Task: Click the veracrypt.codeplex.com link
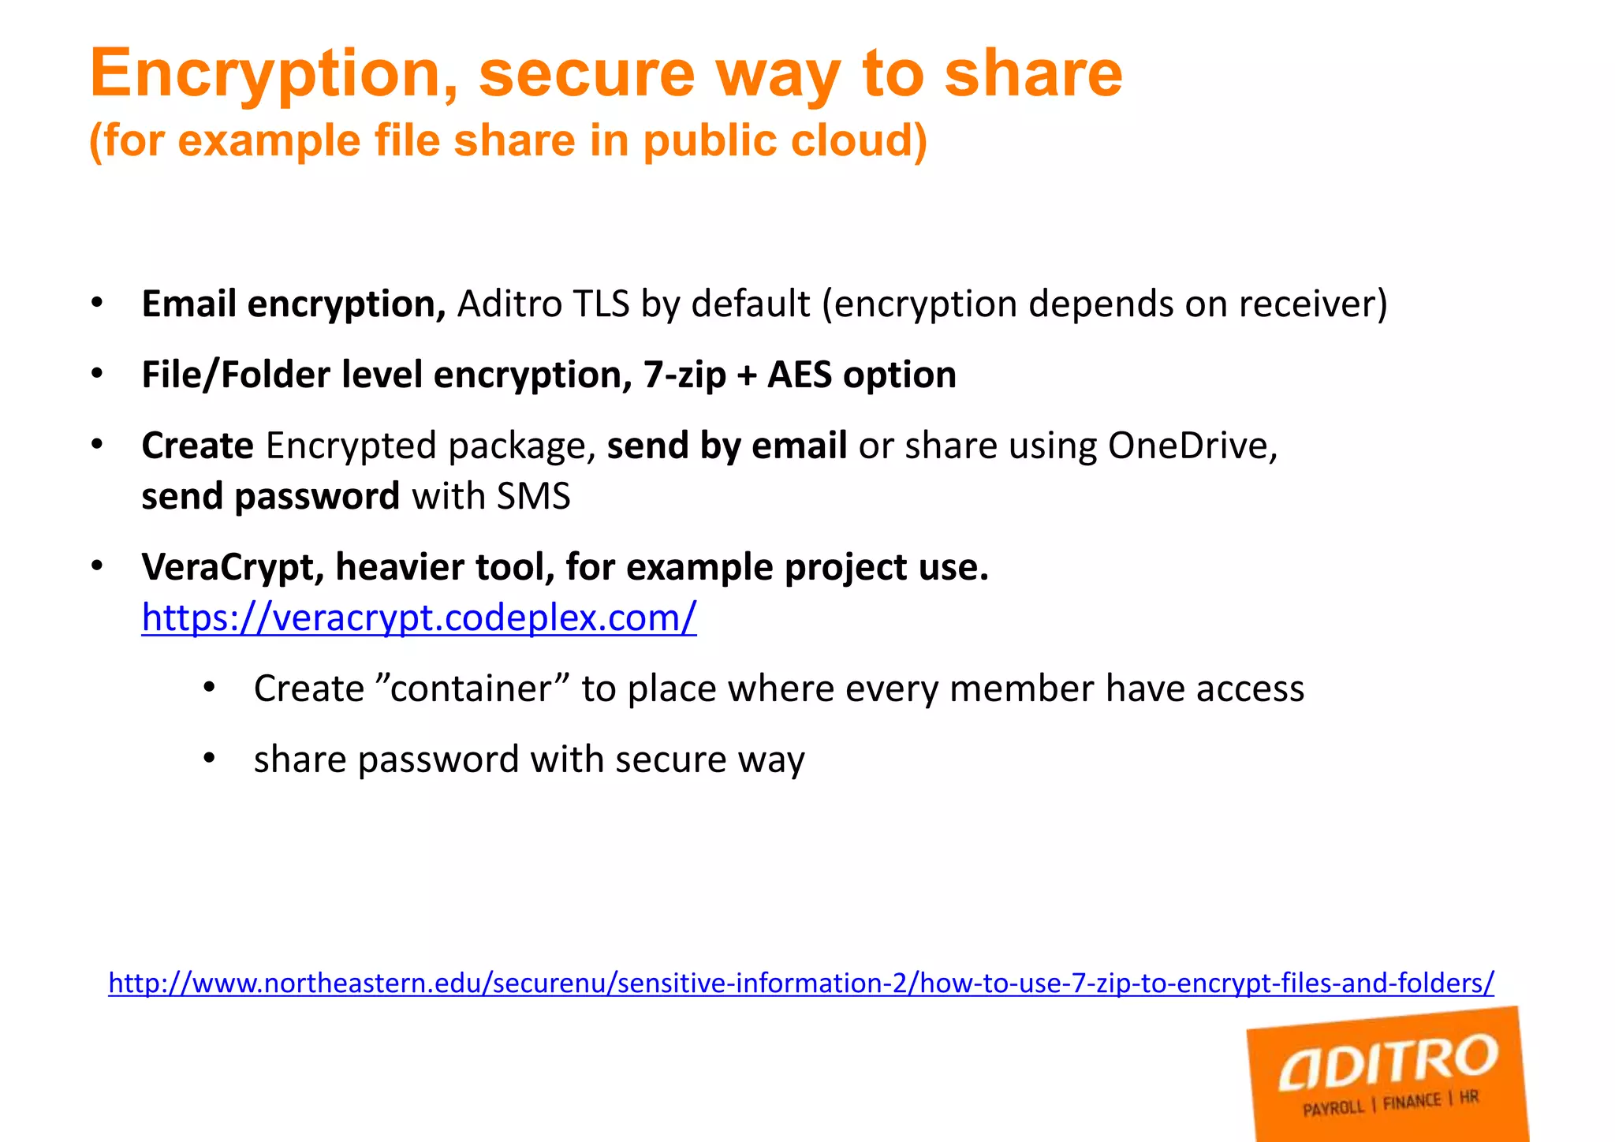tap(419, 618)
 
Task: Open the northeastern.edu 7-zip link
tap(800, 983)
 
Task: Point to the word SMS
tap(533, 497)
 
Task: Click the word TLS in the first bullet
tap(602, 304)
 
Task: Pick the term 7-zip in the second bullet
tap(684, 375)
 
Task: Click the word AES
tap(800, 375)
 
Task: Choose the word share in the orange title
tap(1032, 73)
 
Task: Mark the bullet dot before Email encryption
tap(97, 304)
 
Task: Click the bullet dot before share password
tap(209, 759)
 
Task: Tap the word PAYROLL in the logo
tap(1333, 1109)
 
